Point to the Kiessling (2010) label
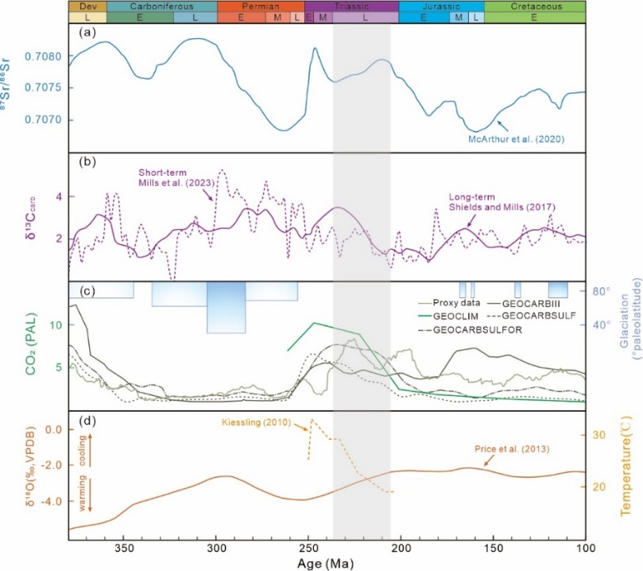[270, 421]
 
